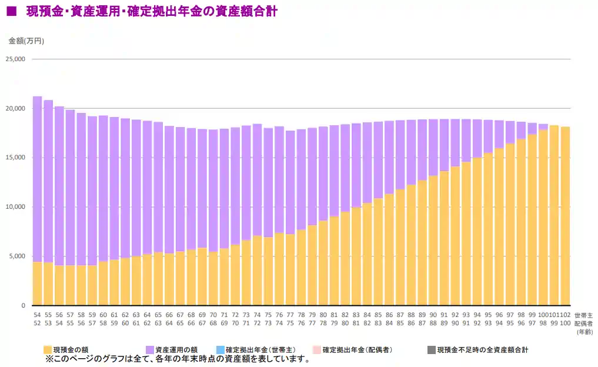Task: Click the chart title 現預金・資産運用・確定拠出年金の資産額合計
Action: tap(151, 11)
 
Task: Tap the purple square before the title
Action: tap(11, 11)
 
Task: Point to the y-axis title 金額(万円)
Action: tap(26, 41)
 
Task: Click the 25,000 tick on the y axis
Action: tap(15, 59)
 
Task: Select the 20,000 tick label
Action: tap(15, 109)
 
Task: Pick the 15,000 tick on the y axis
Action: tap(15, 158)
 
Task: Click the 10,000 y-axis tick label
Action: tap(15, 207)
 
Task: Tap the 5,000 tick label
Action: tap(17, 256)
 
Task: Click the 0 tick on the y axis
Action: tap(24, 306)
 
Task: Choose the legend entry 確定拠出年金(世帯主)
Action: tap(256, 350)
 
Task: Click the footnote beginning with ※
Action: tap(177, 359)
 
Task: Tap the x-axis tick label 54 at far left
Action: tap(37, 315)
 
